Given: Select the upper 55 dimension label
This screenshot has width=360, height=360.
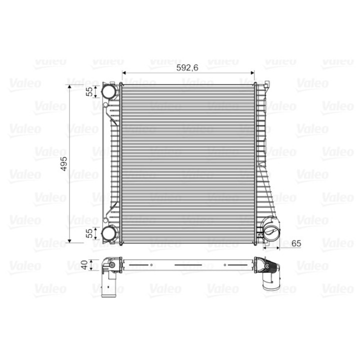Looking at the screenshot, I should (89, 91).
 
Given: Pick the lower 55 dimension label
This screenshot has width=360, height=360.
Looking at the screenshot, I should (89, 233).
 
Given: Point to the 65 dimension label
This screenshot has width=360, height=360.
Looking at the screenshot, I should (295, 243).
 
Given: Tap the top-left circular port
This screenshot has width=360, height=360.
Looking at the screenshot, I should (109, 91).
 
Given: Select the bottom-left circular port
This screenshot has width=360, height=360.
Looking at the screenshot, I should (109, 233).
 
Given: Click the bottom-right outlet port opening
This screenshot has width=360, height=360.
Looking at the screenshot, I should (273, 231).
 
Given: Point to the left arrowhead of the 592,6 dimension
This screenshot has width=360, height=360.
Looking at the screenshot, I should (123, 73).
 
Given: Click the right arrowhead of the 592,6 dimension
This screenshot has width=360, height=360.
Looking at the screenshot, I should (253, 73).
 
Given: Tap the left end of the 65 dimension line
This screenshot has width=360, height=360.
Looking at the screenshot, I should (265, 247).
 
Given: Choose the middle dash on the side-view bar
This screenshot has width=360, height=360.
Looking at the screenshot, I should (186, 264).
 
